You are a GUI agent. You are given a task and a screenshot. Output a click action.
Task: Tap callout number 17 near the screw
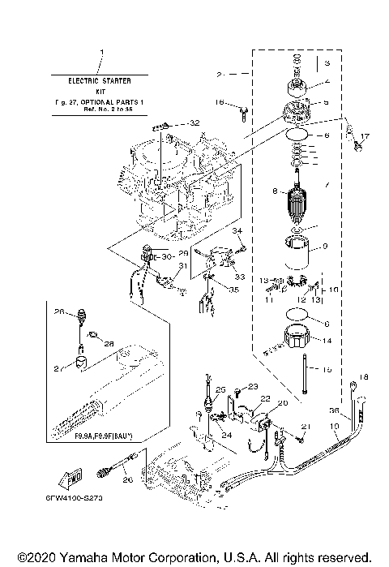364,136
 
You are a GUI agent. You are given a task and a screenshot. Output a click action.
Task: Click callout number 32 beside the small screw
193,122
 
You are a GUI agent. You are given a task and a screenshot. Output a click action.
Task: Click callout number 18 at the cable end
364,377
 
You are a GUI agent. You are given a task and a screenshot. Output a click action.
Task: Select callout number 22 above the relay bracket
264,399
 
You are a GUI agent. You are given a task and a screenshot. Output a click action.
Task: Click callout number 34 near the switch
238,232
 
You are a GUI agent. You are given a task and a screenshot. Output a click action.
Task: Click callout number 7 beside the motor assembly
326,187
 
